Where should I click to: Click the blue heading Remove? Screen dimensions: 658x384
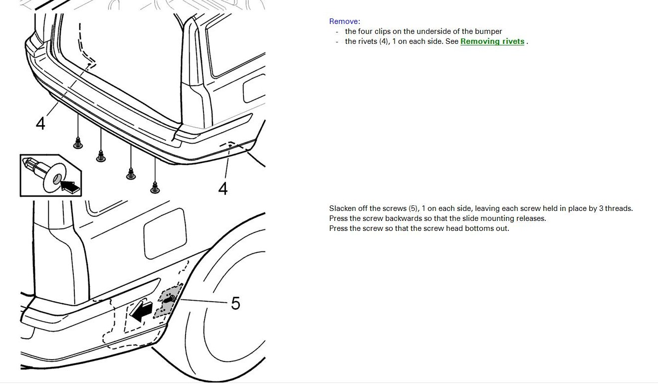tap(344, 21)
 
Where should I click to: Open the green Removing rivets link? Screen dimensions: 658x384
tap(492, 41)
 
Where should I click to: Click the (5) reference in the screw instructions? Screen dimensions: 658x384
tap(413, 208)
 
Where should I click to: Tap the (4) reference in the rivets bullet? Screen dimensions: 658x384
tap(384, 41)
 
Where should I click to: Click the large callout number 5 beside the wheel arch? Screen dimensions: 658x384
tap(235, 303)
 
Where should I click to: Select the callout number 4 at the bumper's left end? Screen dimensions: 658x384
tap(40, 123)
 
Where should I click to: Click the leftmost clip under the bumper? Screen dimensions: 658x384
tap(78, 143)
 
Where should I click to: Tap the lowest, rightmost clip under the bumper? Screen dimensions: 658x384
tap(155, 188)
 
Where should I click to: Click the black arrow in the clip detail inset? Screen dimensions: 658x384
tap(70, 187)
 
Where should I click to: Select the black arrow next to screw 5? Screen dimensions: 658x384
tap(141, 311)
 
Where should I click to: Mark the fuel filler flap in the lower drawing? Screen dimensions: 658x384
tap(165, 234)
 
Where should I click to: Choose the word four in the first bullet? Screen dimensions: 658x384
tap(365, 31)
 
